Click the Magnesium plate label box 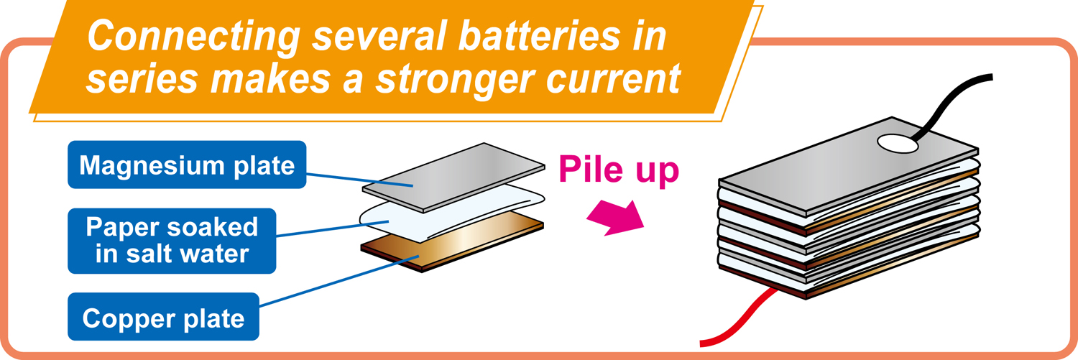187,165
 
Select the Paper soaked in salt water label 172,241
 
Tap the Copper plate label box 163,317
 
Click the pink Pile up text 619,171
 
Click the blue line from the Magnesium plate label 359,177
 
